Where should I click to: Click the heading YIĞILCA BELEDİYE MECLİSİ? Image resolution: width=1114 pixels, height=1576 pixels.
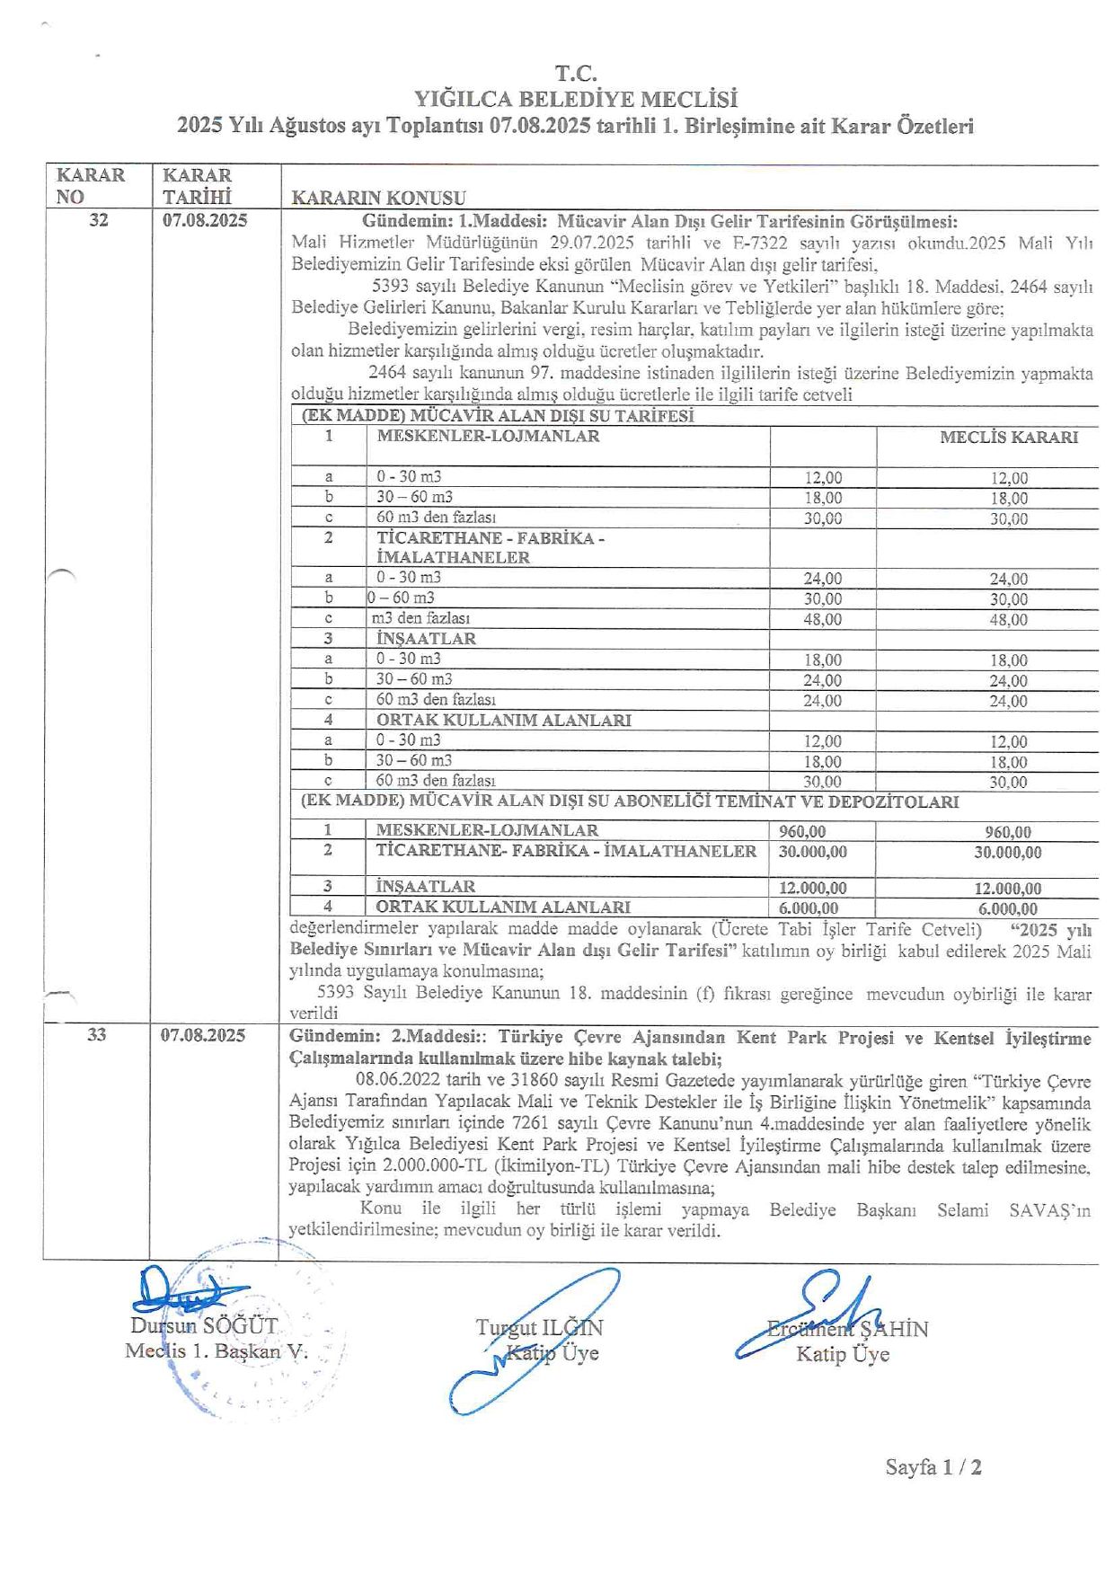coord(575,99)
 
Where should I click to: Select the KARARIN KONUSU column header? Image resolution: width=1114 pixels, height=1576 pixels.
coord(378,198)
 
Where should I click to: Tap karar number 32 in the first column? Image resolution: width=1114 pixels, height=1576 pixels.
coord(99,220)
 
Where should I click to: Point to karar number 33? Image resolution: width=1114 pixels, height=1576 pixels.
coord(97,1035)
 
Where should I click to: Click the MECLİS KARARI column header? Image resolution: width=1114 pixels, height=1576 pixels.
coord(1008,438)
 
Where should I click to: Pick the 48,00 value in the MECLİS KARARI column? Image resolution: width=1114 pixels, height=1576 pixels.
coord(1008,620)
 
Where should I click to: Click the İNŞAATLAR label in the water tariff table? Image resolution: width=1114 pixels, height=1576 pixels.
coord(426,639)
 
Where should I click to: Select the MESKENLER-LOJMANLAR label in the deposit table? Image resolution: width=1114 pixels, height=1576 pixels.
coord(487,830)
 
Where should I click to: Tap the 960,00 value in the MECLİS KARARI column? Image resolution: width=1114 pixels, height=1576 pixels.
coord(1008,833)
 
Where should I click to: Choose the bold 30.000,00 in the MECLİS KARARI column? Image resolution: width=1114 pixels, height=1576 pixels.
coord(1008,853)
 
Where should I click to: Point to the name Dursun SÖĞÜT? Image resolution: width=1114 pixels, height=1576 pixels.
coord(204,1326)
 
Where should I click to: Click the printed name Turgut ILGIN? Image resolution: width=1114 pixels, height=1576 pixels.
coord(539,1328)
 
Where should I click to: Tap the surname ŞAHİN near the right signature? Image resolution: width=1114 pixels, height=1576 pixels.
coord(894,1329)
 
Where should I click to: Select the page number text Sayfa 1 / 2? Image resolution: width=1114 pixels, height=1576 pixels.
coord(933,1467)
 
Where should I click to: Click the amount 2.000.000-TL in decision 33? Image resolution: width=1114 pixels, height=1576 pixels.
coord(429,1167)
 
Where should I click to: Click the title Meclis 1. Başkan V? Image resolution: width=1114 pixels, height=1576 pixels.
coord(216,1351)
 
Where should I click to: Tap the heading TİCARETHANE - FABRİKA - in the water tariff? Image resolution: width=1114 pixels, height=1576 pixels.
coord(490,538)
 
